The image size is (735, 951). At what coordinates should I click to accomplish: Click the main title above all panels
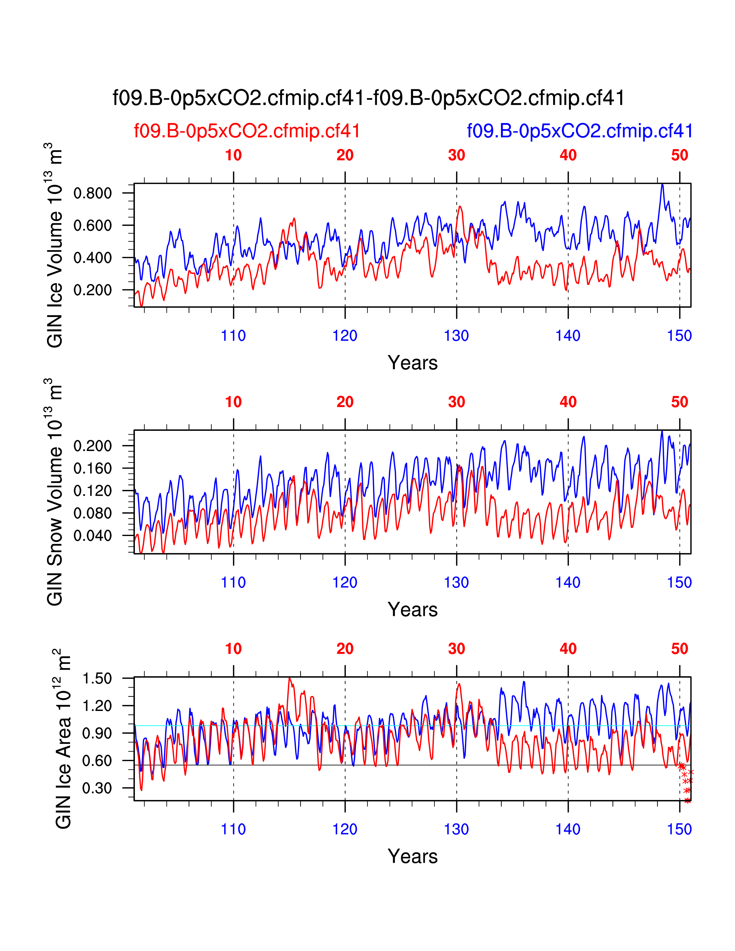click(x=368, y=98)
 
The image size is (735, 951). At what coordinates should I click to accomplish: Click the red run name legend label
click(x=247, y=131)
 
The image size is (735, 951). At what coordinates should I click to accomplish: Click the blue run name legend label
click(x=580, y=131)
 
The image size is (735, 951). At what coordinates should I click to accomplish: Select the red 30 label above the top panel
click(x=456, y=155)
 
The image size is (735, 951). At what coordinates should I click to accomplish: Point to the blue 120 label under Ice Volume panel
click(x=345, y=336)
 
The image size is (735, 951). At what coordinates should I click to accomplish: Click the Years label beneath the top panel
click(x=412, y=363)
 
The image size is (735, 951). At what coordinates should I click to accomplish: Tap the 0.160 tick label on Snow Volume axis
click(x=92, y=469)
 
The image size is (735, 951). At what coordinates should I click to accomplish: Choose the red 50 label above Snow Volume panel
click(x=679, y=402)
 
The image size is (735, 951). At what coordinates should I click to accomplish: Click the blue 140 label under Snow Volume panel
click(x=568, y=583)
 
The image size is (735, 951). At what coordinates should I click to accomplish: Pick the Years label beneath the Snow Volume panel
click(x=412, y=610)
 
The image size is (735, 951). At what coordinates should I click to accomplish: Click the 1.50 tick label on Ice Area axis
click(x=97, y=678)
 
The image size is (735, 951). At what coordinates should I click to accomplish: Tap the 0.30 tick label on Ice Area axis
click(x=97, y=788)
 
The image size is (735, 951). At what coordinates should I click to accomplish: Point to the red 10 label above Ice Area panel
click(x=233, y=649)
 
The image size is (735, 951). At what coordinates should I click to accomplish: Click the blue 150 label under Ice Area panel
click(x=679, y=829)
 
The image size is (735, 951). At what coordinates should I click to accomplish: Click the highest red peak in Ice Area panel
click(x=290, y=678)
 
